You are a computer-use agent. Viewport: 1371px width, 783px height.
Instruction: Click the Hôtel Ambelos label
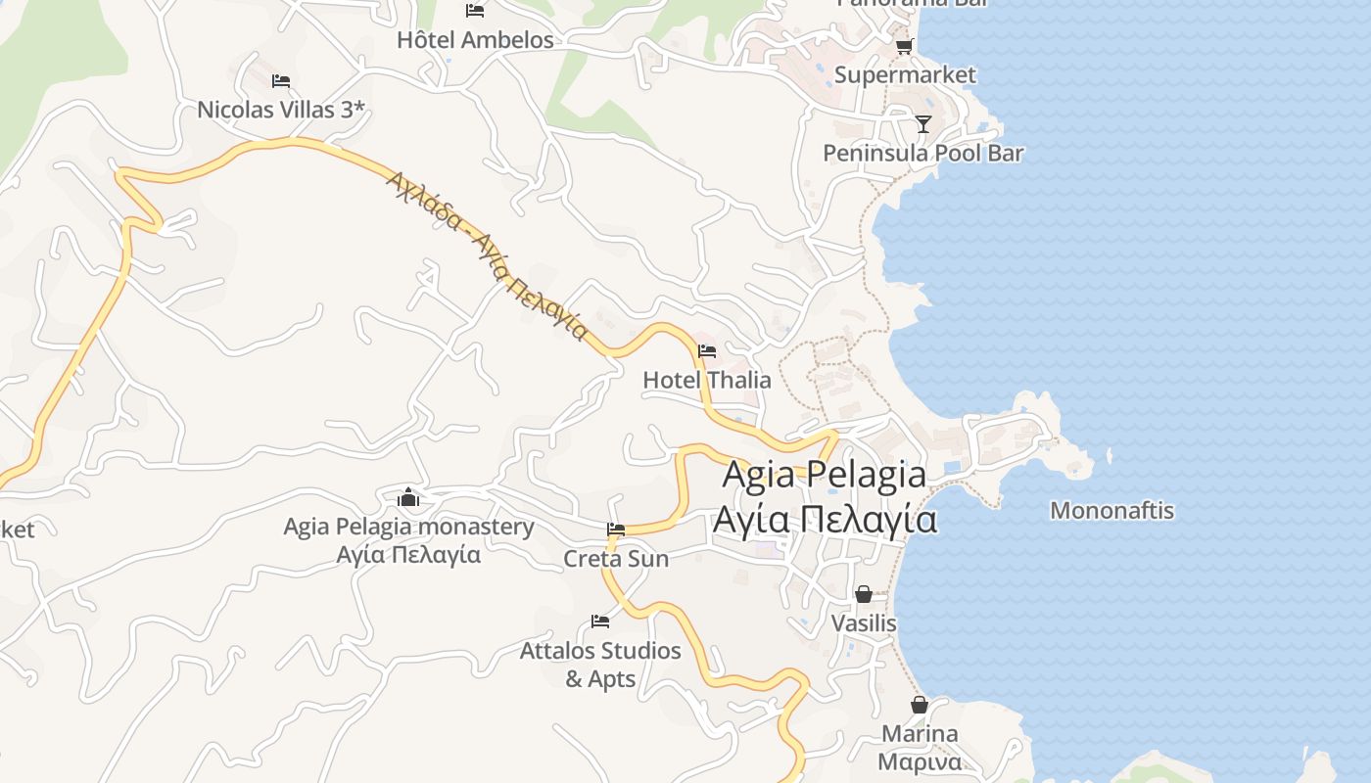[475, 40]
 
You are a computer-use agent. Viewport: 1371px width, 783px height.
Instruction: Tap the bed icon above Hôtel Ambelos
[475, 11]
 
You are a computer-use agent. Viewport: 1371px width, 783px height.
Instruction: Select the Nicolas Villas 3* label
[281, 109]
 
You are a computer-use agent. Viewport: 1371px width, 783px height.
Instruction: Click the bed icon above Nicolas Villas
[281, 80]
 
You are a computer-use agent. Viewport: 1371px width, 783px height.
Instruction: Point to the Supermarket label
[905, 75]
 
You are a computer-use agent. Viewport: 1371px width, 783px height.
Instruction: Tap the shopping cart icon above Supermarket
[904, 46]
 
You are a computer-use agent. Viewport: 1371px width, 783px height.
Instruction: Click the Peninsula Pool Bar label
[922, 153]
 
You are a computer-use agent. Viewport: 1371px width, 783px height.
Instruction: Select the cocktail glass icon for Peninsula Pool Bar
[922, 124]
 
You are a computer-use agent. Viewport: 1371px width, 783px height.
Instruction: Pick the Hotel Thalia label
[707, 380]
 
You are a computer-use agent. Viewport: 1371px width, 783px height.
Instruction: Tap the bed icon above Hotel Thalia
[707, 351]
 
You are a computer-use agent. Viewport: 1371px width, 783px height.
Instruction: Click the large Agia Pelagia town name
[825, 474]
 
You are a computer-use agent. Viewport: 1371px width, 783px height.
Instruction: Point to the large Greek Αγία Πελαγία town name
[825, 519]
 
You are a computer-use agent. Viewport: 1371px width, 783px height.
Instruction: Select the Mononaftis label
[1111, 510]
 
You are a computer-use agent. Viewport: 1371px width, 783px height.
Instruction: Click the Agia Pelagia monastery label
[408, 527]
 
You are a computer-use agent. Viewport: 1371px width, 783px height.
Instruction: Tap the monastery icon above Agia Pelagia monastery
[408, 498]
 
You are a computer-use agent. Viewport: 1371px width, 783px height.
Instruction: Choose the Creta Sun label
[616, 559]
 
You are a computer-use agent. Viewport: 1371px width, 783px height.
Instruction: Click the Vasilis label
[864, 622]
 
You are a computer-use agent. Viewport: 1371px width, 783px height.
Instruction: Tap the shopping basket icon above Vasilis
[864, 594]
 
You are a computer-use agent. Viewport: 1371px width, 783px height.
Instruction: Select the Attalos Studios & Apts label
[600, 665]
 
